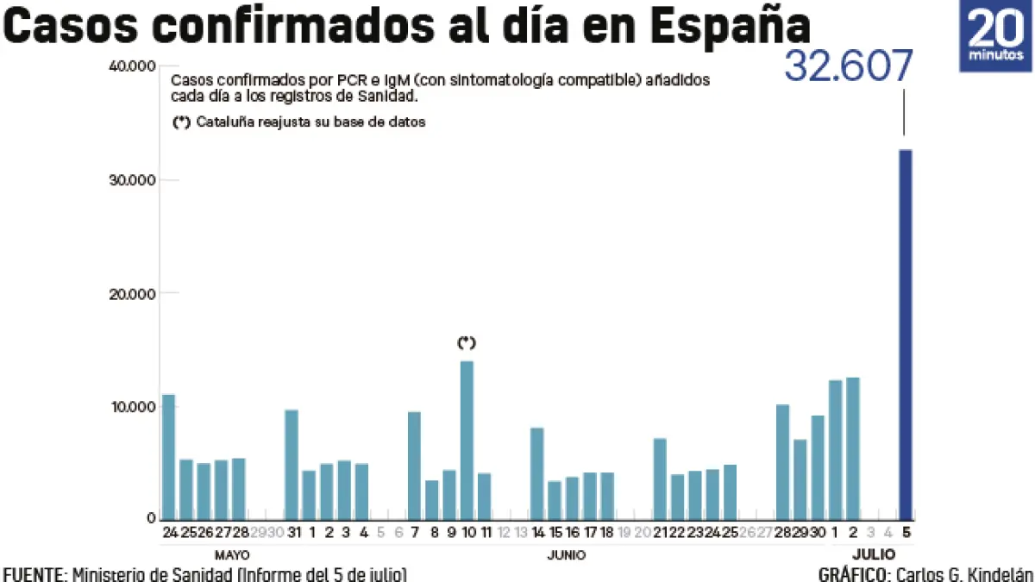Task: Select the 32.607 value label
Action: coord(848,67)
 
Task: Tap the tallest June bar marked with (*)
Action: coord(467,440)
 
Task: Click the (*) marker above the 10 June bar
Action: coord(467,343)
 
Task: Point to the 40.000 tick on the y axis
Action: coord(131,66)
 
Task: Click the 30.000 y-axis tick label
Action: coord(131,180)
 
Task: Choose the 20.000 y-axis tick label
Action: coord(131,294)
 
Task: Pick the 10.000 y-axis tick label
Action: coord(131,407)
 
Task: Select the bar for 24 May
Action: coord(168,457)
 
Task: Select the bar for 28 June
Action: coord(782,462)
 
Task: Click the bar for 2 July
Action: coord(853,448)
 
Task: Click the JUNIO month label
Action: coord(567,554)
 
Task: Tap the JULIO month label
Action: coord(874,554)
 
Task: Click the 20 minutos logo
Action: coord(995,36)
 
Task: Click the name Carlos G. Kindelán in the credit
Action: coord(964,574)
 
